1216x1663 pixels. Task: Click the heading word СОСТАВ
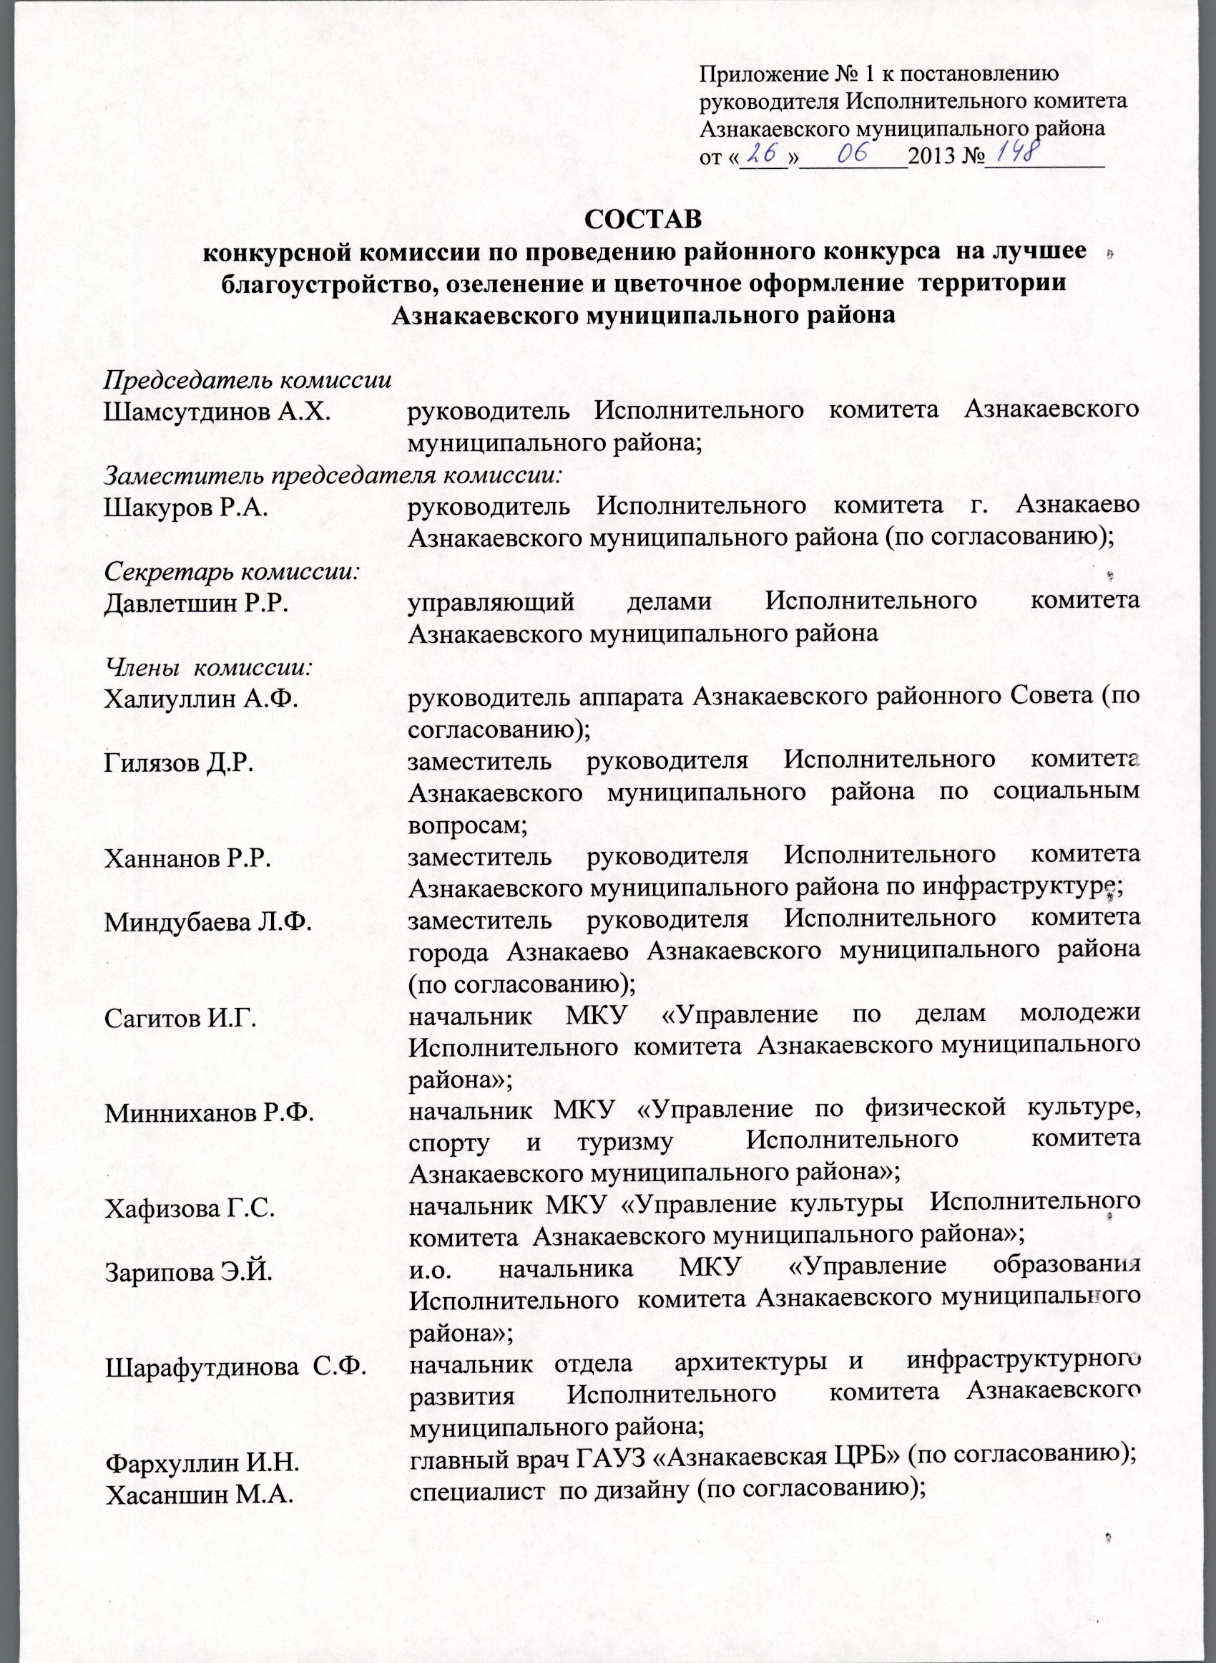(642, 220)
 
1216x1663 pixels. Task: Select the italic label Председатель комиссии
(247, 381)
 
